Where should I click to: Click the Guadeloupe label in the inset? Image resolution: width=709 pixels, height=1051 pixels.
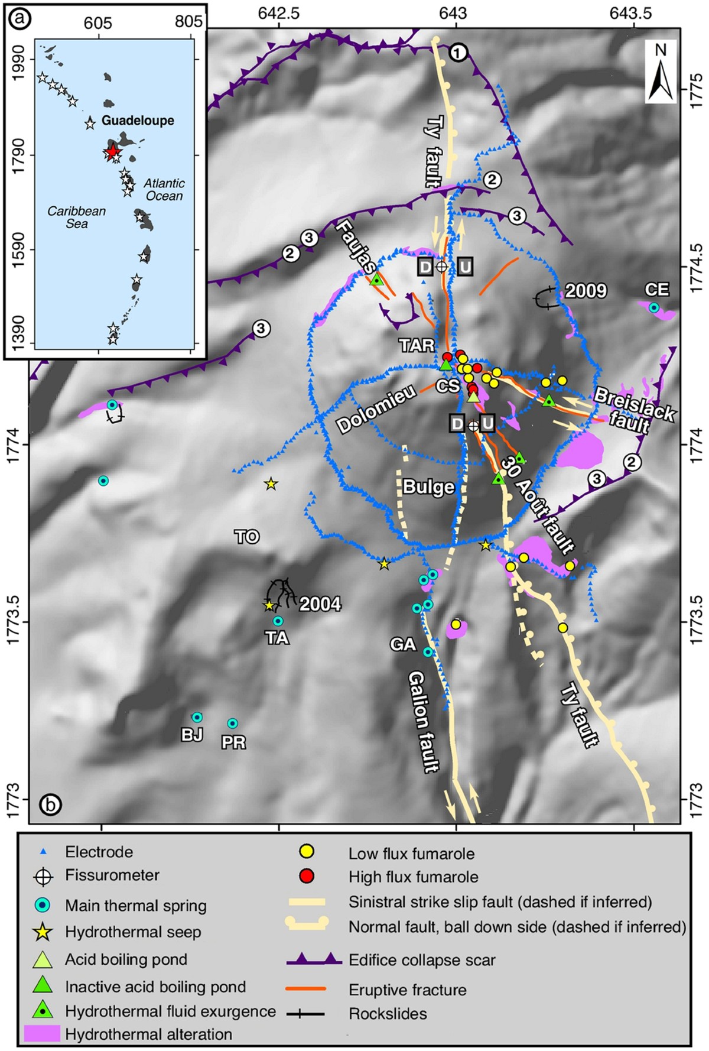(x=138, y=121)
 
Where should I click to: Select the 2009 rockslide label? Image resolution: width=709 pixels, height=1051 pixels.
(x=586, y=291)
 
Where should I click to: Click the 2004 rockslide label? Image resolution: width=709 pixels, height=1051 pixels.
(x=320, y=604)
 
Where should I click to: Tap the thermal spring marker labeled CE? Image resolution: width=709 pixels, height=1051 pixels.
(x=653, y=307)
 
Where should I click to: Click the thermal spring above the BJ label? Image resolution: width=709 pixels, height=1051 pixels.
(x=197, y=717)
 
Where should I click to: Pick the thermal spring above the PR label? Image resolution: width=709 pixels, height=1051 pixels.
(x=233, y=724)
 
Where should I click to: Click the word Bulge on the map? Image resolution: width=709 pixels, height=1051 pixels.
(x=428, y=487)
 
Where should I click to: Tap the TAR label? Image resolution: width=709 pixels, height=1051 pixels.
(x=417, y=345)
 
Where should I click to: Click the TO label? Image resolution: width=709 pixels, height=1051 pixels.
(x=247, y=537)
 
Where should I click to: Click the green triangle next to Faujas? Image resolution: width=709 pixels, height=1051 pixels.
(x=377, y=280)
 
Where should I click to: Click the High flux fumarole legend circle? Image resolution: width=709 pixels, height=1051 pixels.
(x=307, y=875)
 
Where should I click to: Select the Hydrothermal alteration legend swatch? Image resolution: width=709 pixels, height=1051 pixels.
(x=43, y=1033)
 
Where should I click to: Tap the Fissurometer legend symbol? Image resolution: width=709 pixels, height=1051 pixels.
(x=43, y=877)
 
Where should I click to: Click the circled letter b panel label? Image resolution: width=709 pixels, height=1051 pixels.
(x=50, y=804)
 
